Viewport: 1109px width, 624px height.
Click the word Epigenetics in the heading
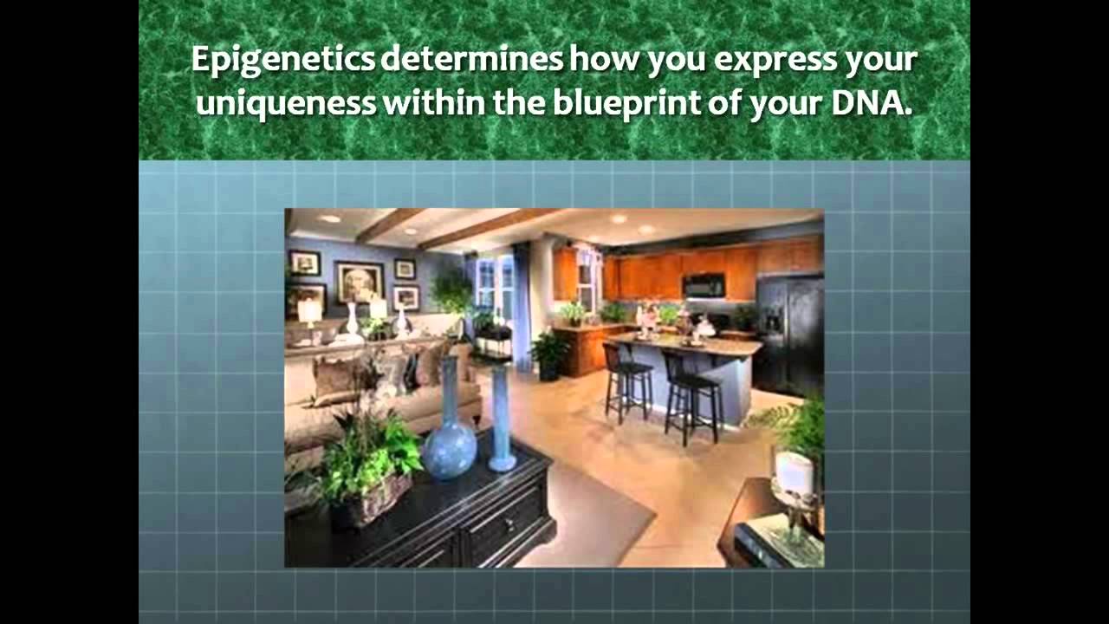[x=282, y=62]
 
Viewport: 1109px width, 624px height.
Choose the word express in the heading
[x=756, y=62]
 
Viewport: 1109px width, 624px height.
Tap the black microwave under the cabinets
[x=703, y=286]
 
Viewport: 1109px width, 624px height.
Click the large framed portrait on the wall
[x=360, y=282]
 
